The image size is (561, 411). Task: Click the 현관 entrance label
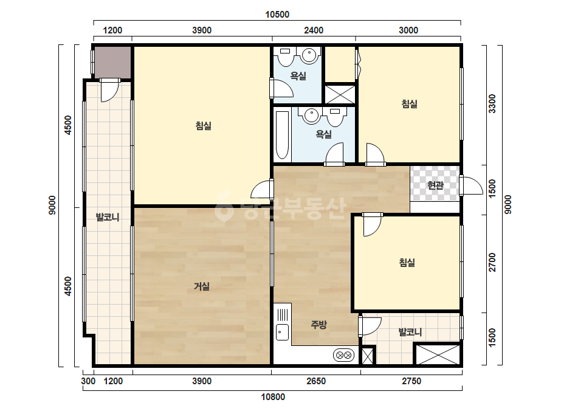pos(435,185)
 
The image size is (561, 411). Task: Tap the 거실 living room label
pos(202,286)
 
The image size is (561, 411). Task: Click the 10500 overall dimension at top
pos(277,15)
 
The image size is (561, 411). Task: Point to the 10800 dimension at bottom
pos(273,396)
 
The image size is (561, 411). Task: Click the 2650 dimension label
pos(316,381)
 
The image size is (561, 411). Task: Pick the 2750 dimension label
pos(411,381)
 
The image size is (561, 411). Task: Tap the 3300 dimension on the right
pos(492,103)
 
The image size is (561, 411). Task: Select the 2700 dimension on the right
pos(492,263)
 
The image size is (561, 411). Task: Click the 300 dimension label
pos(88,381)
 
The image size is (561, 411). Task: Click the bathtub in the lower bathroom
pos(282,135)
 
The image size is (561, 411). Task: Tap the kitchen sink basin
pos(282,332)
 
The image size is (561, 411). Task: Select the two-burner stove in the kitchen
pos(344,355)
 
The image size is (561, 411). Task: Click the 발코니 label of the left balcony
pos(108,217)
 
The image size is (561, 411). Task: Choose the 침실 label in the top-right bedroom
pos(409,104)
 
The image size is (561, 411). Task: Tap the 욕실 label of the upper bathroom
pos(298,76)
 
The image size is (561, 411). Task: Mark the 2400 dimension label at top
pos(314,30)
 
